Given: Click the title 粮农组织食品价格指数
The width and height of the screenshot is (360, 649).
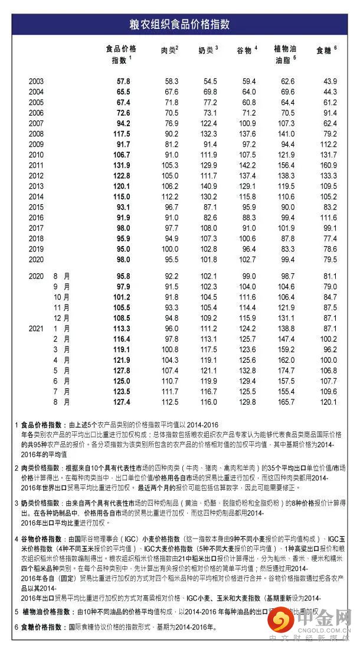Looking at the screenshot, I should pyautogui.click(x=180, y=25).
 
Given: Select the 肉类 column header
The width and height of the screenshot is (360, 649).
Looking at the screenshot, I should pyautogui.click(x=169, y=50).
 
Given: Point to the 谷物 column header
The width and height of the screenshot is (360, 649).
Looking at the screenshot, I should pyautogui.click(x=246, y=50).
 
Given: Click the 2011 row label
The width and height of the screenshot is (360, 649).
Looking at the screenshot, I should pyautogui.click(x=36, y=165).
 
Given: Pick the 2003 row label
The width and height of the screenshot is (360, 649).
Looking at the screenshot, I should pyautogui.click(x=36, y=81).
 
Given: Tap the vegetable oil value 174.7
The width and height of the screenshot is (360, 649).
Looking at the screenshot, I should pyautogui.click(x=285, y=370).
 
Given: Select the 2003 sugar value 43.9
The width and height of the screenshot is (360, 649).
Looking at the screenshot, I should pyautogui.click(x=329, y=81).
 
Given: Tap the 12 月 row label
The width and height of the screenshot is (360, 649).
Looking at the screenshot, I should pyautogui.click(x=63, y=317).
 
